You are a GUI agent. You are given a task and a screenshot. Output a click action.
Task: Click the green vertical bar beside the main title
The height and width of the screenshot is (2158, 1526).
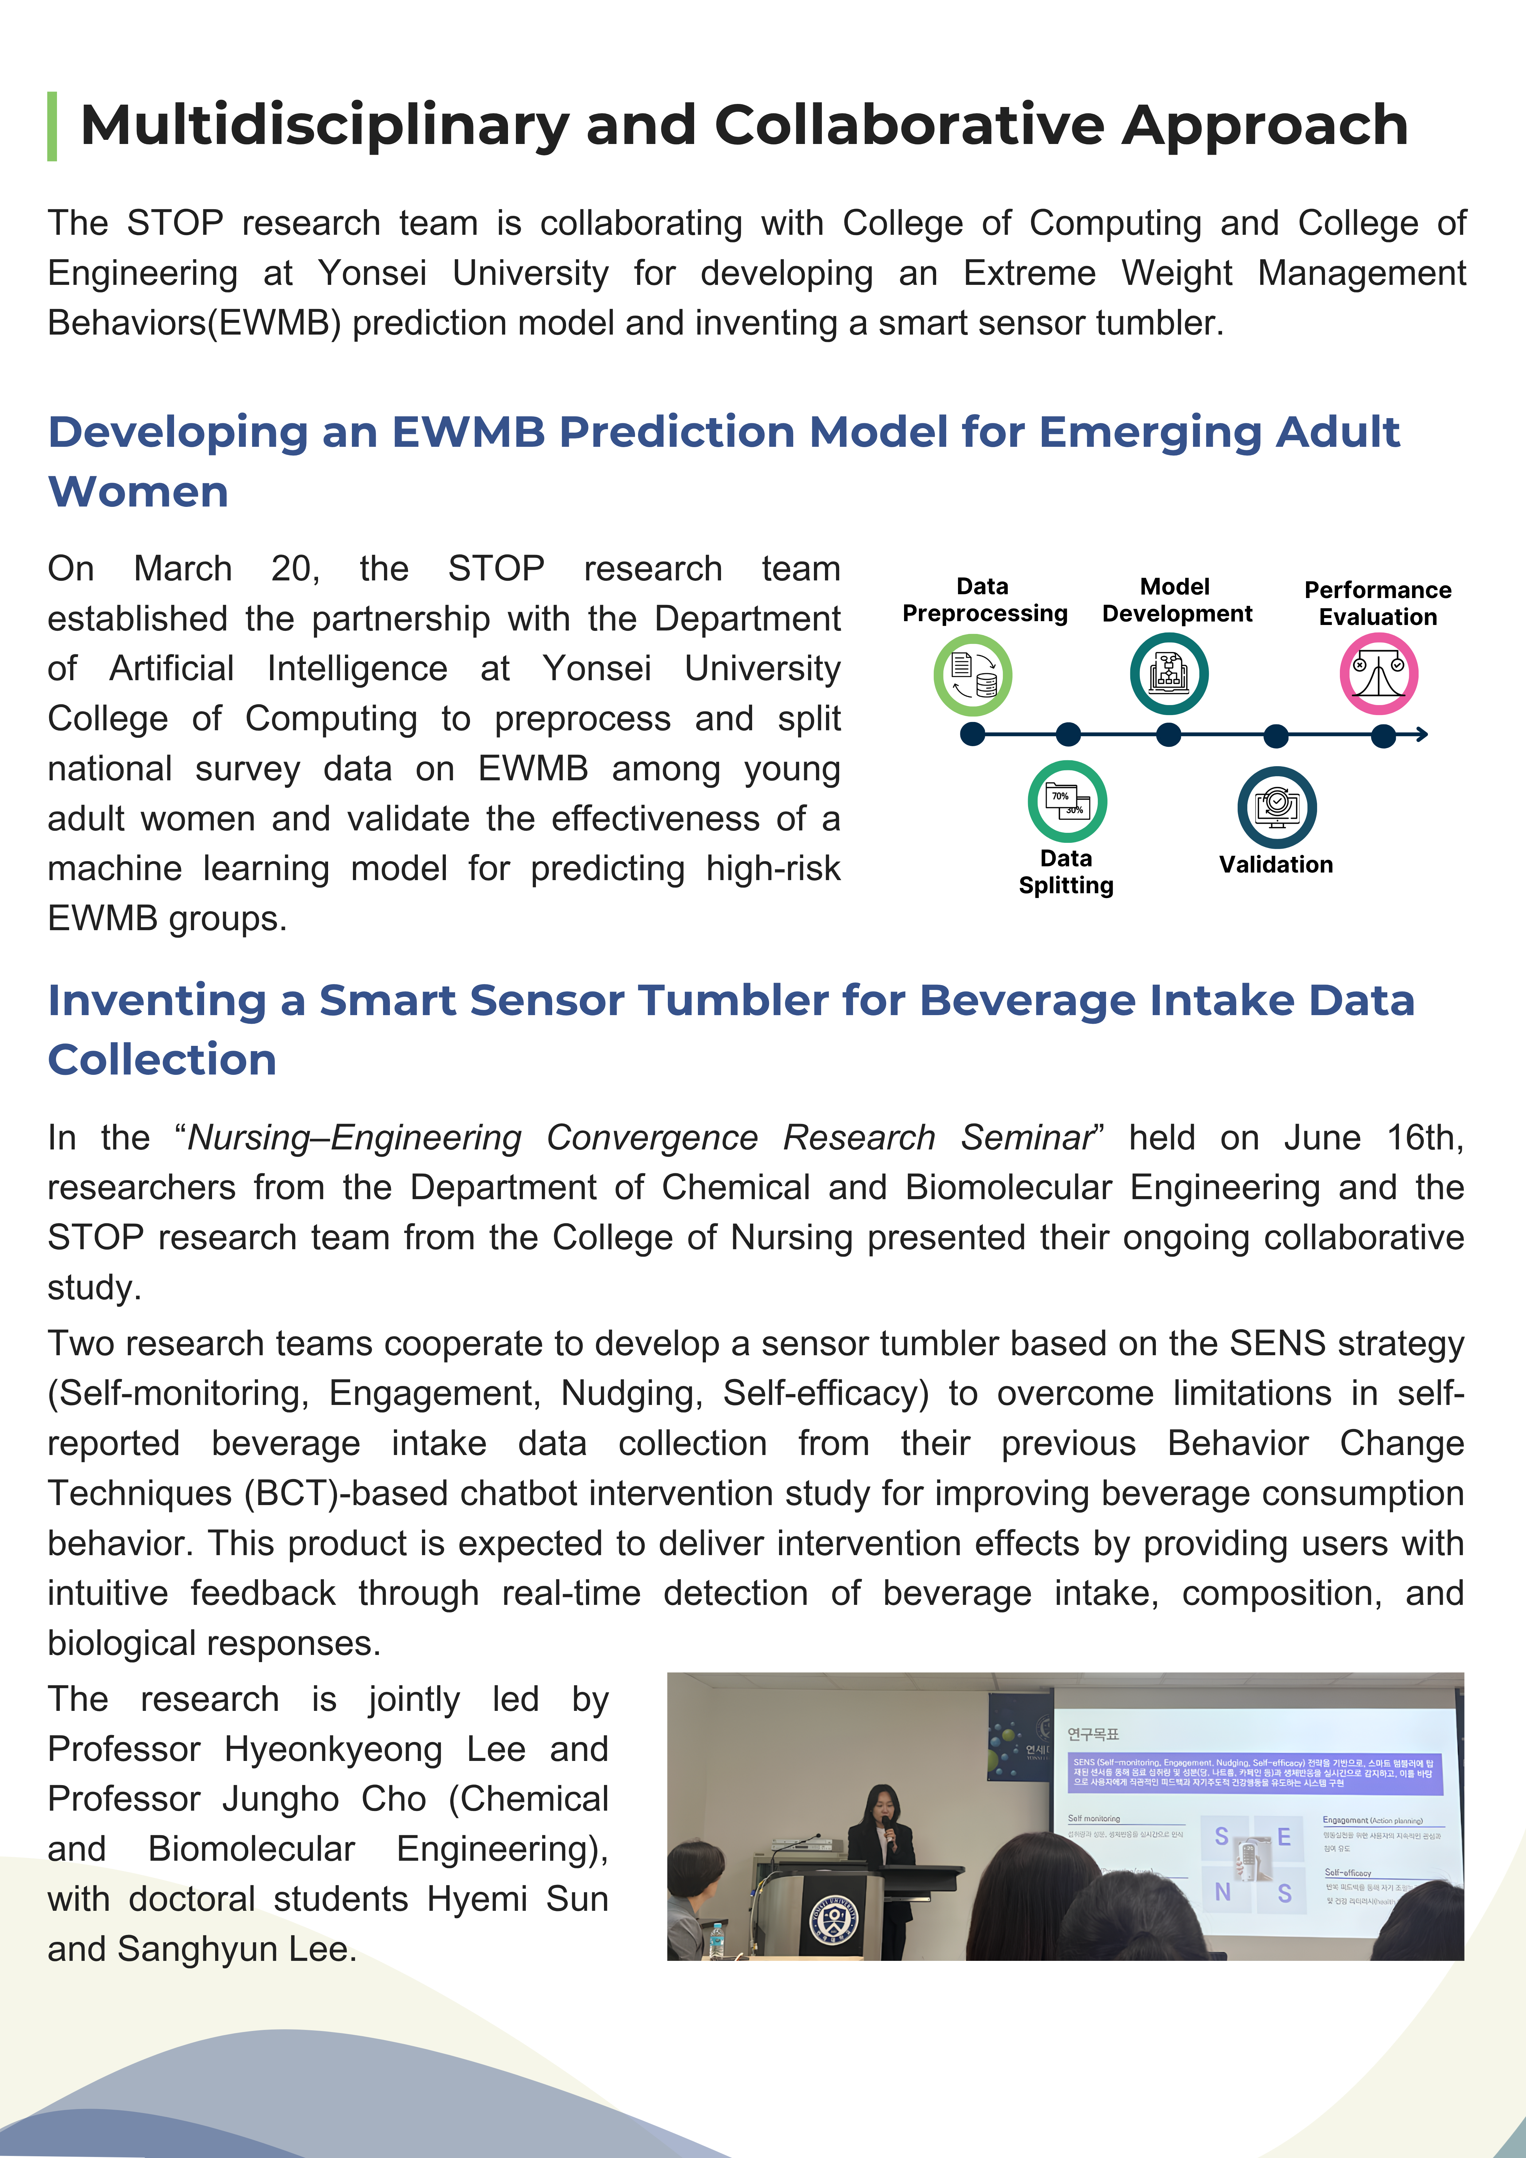[x=52, y=126]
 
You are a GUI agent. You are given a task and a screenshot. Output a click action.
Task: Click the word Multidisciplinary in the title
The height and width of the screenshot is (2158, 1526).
[x=324, y=126]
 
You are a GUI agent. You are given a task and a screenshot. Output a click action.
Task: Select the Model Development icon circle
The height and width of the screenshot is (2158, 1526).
[x=1169, y=674]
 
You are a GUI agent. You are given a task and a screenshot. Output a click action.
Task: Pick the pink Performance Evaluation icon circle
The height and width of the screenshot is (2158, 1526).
[x=1379, y=674]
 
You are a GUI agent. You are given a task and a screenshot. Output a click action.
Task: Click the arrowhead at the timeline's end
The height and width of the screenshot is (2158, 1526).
[x=1422, y=734]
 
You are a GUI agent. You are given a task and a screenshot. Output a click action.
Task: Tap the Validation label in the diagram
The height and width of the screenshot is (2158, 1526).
[x=1276, y=865]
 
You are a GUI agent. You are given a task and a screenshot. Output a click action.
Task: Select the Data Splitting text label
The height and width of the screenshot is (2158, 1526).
[x=1066, y=872]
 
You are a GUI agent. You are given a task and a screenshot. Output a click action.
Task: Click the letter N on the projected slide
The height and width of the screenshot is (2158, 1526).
[x=1222, y=1892]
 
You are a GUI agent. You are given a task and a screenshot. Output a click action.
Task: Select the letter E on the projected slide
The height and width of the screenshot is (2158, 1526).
[x=1284, y=1837]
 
